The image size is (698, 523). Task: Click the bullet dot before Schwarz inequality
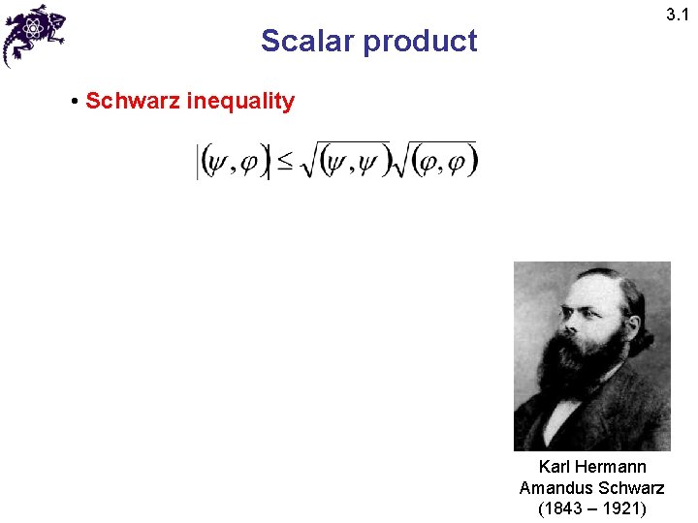(x=75, y=101)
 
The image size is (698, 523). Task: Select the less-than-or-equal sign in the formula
(x=285, y=163)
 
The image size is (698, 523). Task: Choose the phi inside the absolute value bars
(x=249, y=164)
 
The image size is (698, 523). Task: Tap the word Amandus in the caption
(x=555, y=487)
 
